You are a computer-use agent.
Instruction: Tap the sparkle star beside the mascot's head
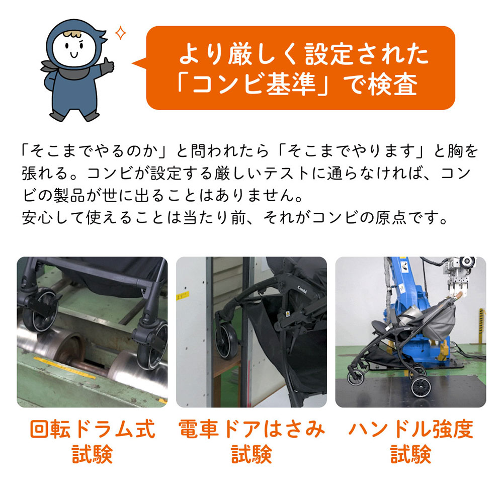pos(121,34)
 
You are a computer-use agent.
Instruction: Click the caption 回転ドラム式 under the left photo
pos(93,430)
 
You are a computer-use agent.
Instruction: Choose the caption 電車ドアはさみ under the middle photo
pos(251,430)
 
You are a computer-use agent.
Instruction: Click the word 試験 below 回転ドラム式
pos(93,455)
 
